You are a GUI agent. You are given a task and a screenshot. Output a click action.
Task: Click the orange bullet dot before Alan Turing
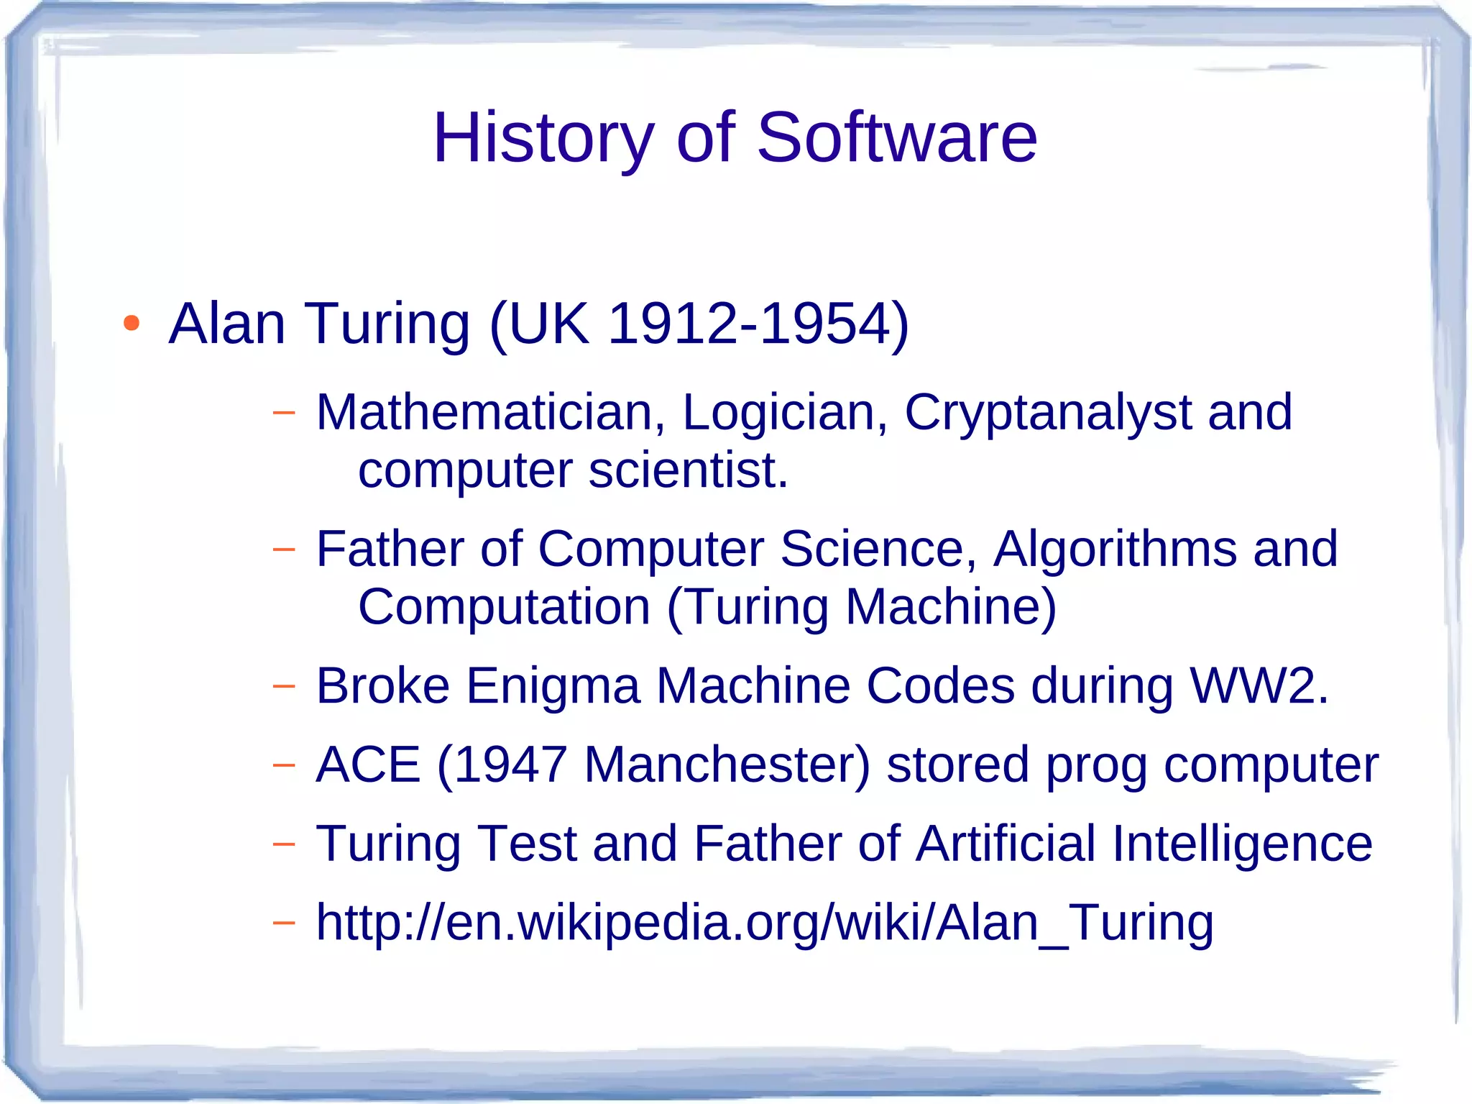tap(131, 324)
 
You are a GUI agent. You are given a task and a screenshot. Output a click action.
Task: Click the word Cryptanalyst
tap(1047, 414)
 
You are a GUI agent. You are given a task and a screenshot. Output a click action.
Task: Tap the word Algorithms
tap(1115, 549)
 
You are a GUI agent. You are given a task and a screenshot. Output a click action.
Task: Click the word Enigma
tap(553, 685)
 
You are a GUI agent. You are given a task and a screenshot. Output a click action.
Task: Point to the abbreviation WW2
tap(1258, 685)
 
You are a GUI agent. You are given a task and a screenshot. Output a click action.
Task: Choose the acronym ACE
tap(368, 765)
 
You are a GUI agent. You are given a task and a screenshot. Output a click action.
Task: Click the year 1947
tap(511, 765)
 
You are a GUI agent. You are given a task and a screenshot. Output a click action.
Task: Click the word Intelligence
tap(1242, 844)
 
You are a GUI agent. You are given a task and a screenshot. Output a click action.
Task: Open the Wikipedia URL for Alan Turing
tap(765, 923)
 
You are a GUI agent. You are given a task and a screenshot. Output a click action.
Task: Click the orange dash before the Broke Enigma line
tap(284, 685)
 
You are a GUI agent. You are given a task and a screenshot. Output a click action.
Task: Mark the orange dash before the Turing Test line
tap(284, 843)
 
